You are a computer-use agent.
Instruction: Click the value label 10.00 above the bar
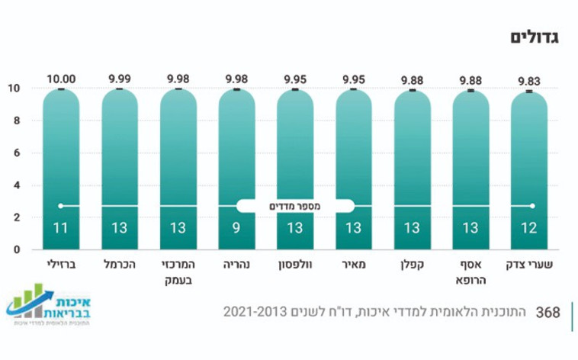[x=61, y=78]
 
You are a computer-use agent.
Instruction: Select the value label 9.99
[x=120, y=78]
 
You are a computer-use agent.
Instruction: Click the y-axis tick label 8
[x=15, y=121]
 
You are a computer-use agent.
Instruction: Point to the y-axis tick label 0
[x=15, y=249]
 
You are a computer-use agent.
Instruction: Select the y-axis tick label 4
[x=15, y=185]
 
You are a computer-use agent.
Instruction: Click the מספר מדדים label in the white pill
[x=295, y=206]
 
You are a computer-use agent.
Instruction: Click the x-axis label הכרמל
[x=120, y=264]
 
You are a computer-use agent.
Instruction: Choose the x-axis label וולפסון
[x=295, y=264]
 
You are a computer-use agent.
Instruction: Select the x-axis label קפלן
[x=413, y=264]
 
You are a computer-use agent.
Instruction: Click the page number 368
[x=548, y=313]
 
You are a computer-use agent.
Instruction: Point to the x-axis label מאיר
[x=354, y=264]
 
